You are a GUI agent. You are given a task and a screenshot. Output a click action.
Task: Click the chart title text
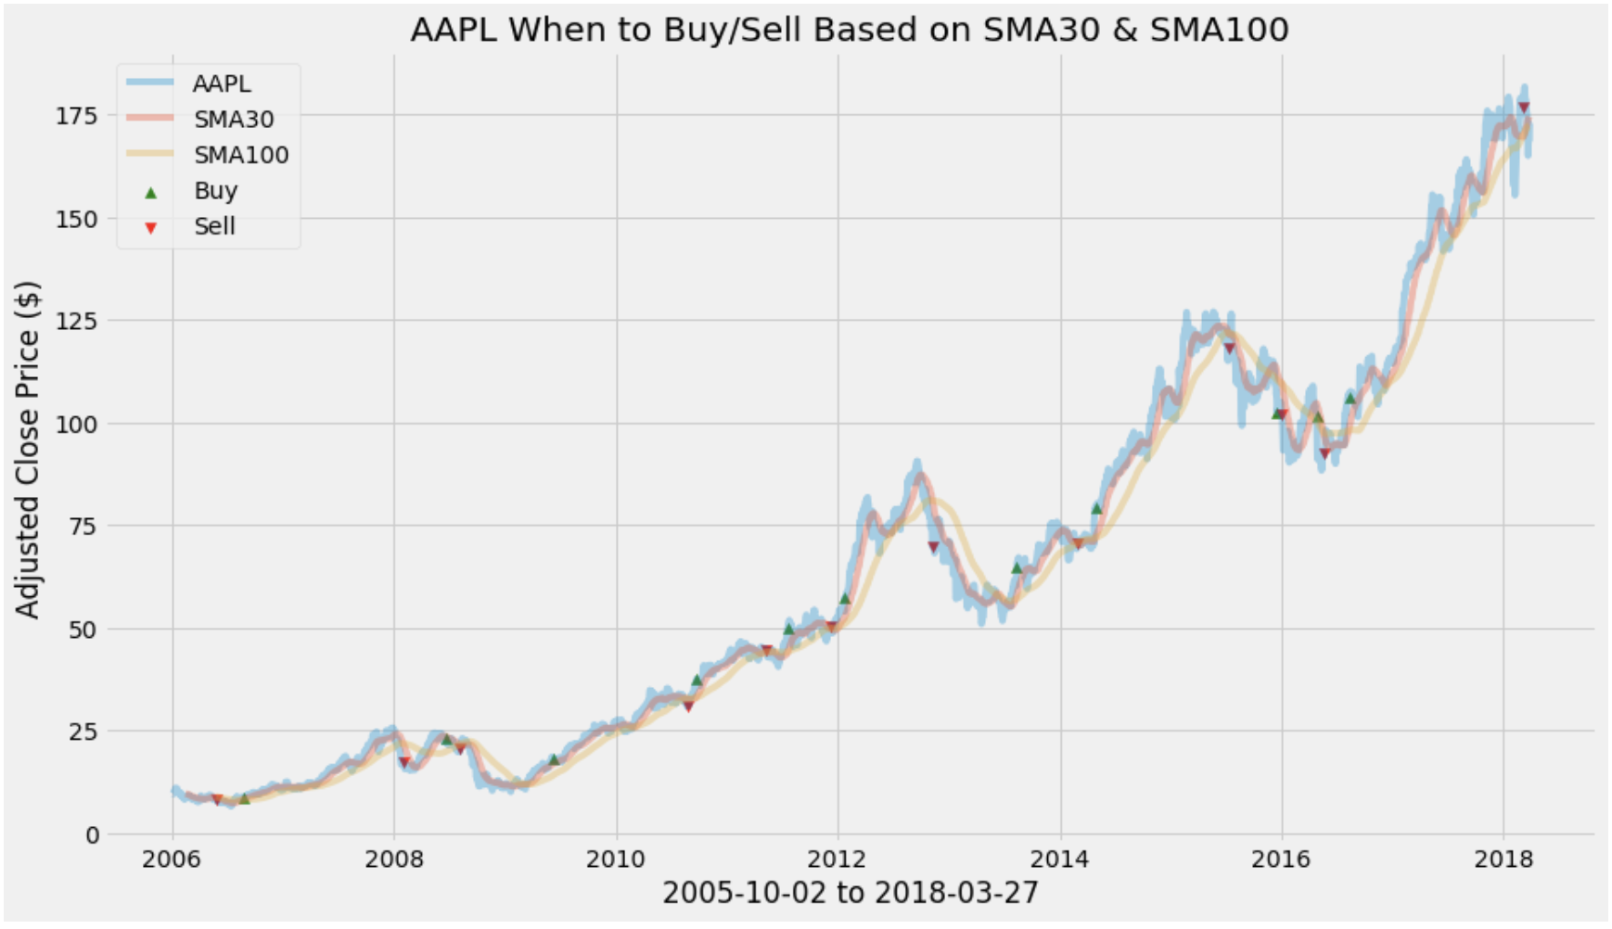849,30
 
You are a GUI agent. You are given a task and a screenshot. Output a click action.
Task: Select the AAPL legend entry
221,83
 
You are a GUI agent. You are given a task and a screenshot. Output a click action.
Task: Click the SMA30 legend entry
233,119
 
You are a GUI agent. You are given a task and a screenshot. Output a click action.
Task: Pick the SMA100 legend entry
240,155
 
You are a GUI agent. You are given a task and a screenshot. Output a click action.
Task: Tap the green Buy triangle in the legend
151,192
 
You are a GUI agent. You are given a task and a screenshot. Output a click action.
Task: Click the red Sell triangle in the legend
151,227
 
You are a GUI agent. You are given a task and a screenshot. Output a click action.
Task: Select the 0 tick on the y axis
91,834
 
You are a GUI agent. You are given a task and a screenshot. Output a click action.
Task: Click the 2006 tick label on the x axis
172,859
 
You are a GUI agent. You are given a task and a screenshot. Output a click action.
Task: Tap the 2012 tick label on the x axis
838,859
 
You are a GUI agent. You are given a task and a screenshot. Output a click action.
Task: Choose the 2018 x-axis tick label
1503,859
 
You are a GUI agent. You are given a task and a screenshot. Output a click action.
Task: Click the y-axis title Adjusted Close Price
28,450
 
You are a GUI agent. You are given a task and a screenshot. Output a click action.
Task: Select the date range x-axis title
850,893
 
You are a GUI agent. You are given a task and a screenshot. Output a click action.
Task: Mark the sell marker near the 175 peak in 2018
1523,108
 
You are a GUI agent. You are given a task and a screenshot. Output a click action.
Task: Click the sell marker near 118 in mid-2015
1229,349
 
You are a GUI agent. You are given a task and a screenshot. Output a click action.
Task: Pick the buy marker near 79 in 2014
1096,508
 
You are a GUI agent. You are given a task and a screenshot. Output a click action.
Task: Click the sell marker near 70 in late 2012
933,547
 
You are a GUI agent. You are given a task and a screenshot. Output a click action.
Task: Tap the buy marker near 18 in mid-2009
554,759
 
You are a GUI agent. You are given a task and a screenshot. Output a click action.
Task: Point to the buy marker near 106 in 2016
1350,399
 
